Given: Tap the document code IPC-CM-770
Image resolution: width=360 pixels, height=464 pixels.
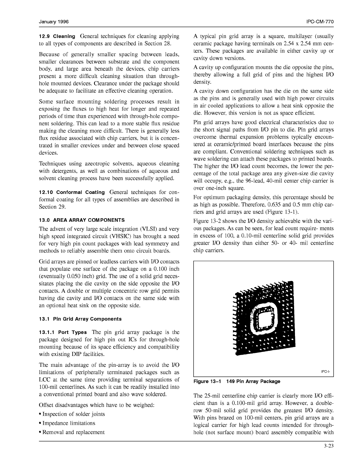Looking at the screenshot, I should (x=320, y=22).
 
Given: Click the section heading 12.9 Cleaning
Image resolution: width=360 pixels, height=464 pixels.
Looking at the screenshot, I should (x=57, y=37).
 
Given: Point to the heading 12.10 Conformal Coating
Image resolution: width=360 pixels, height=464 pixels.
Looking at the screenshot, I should (x=72, y=192).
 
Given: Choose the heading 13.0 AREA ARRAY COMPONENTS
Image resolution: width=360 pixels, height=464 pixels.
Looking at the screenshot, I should (x=82, y=220).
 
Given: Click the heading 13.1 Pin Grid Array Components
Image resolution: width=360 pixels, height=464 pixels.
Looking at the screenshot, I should (x=80, y=319).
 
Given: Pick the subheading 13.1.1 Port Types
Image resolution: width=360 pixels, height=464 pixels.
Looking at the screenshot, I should (x=63, y=332).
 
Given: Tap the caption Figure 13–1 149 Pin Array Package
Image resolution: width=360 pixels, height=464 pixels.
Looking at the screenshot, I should (x=237, y=381).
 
